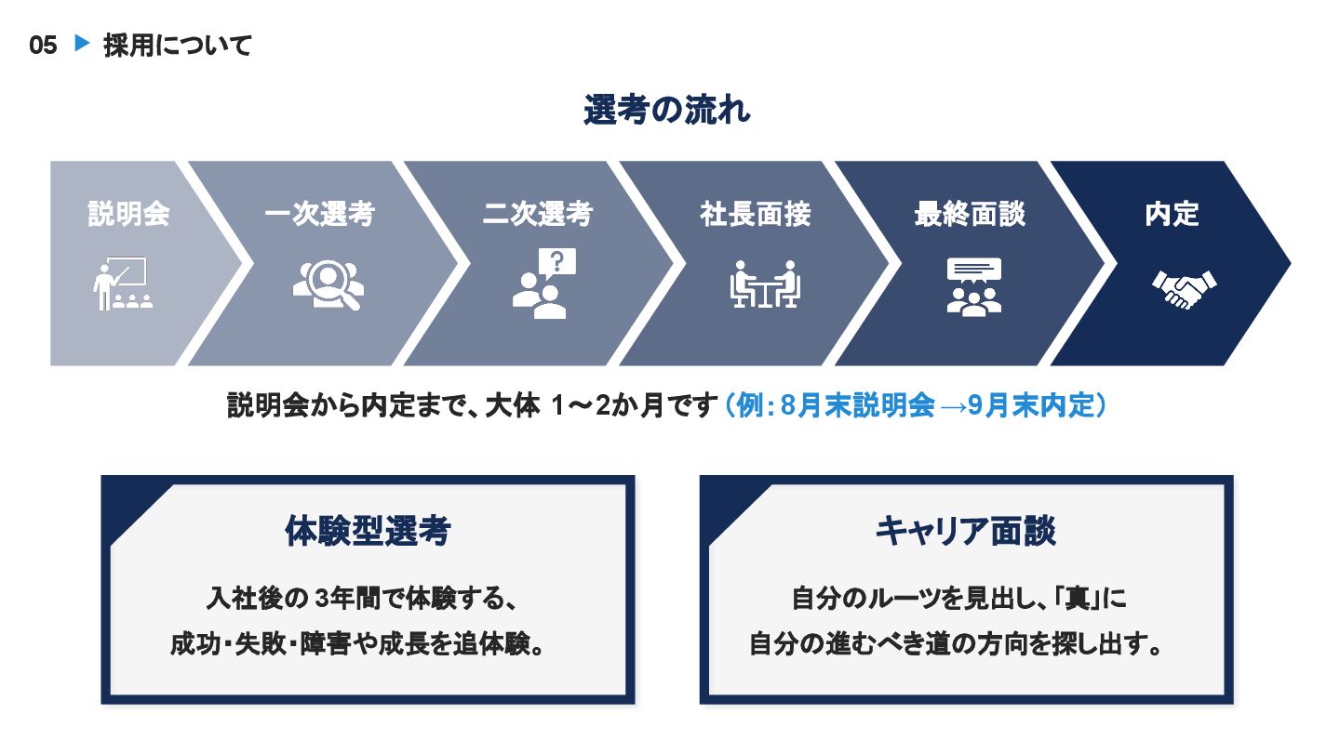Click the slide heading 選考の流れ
point(667,111)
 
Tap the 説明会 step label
point(129,215)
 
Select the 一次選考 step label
point(319,215)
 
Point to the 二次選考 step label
point(538,215)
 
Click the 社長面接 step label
point(755,215)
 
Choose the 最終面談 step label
point(970,215)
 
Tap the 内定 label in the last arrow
point(1172,215)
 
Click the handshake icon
point(1184,287)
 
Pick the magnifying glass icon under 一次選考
point(328,284)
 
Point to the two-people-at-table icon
point(765,284)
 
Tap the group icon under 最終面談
point(973,285)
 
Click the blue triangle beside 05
point(81,44)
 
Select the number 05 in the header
point(43,45)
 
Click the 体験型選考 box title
point(368,532)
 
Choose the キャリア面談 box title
point(966,532)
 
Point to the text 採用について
point(178,45)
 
